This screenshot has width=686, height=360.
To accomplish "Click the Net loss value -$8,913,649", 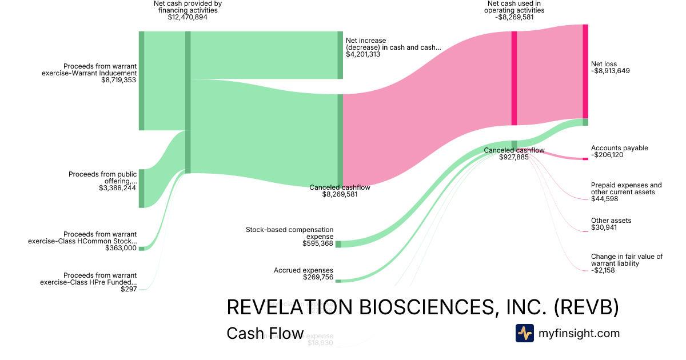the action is (x=611, y=71).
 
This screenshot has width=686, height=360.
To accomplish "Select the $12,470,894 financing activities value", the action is (x=188, y=17).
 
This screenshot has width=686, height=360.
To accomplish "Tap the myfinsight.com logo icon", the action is (x=524, y=333).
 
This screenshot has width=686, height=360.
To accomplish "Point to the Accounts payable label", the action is (x=619, y=148).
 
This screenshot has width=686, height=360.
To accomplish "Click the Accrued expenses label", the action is (x=303, y=270).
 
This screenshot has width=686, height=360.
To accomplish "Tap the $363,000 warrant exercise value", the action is (x=121, y=248).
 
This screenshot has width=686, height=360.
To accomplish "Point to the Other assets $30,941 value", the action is (x=604, y=227).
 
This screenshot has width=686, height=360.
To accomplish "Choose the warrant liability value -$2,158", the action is (x=603, y=270).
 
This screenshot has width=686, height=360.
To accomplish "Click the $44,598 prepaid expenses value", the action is (x=604, y=198).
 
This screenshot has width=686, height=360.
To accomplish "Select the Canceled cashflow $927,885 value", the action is (x=514, y=157).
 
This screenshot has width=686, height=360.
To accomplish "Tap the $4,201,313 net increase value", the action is (x=363, y=54).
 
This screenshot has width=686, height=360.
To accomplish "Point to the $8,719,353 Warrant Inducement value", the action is (x=119, y=80).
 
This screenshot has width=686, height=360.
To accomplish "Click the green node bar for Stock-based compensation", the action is (x=338, y=244).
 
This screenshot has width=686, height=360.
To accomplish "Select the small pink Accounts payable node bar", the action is (x=585, y=158).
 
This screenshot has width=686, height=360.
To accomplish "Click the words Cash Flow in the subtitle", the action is (x=265, y=333).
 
